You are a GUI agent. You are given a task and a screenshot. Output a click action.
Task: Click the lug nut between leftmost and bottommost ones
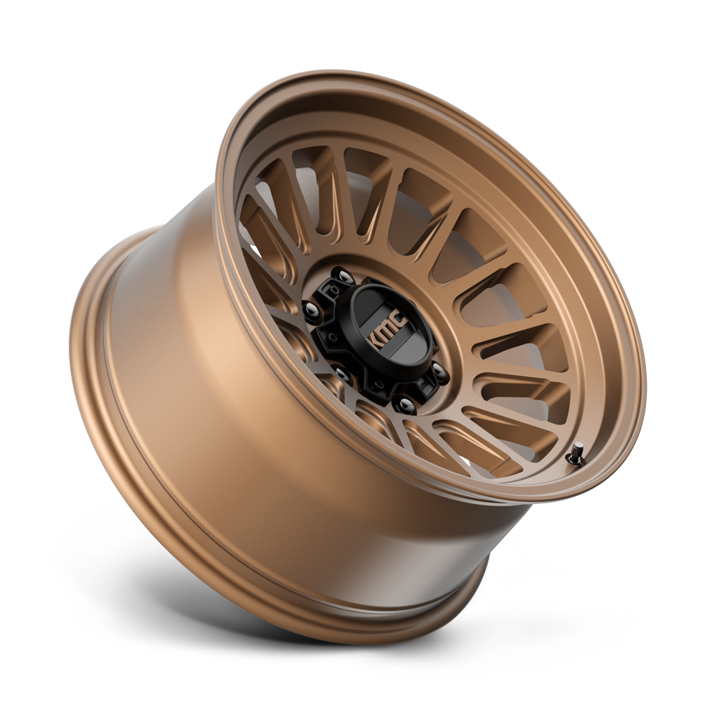[x=342, y=371]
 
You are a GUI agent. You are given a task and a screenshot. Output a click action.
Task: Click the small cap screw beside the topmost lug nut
[x=333, y=288]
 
